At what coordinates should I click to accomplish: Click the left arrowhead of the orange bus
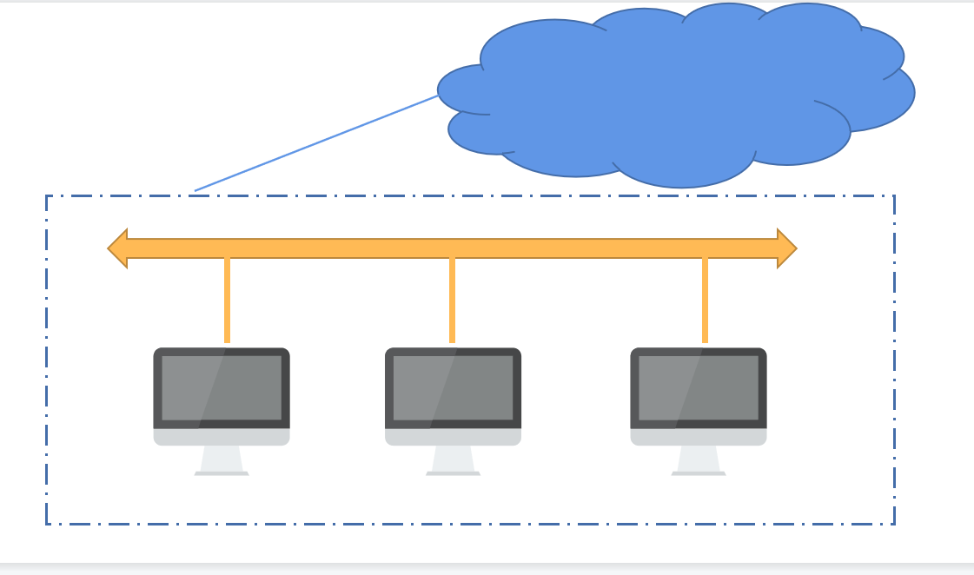point(119,248)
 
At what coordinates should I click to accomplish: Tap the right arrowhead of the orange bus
point(785,248)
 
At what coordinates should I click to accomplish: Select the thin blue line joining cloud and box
point(317,142)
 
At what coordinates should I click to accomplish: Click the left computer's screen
point(222,387)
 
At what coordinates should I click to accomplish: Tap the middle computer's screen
point(453,387)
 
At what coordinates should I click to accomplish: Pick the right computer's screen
point(699,387)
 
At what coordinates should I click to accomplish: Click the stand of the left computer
point(222,459)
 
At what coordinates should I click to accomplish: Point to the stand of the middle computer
point(453,459)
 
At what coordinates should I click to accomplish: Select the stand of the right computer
point(699,459)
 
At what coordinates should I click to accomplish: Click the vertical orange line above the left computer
point(227,300)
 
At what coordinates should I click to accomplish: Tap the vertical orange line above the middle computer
point(452,300)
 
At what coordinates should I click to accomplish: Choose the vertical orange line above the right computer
point(705,300)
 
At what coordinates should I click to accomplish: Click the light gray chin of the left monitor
point(222,437)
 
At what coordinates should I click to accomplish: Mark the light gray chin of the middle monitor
point(453,437)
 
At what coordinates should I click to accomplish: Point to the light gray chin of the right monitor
point(699,437)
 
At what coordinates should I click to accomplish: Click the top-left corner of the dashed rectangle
point(47,196)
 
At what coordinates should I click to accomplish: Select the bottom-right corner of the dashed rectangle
point(894,524)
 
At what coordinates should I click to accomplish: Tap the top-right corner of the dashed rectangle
point(894,196)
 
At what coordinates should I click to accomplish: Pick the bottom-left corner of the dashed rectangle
point(47,524)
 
